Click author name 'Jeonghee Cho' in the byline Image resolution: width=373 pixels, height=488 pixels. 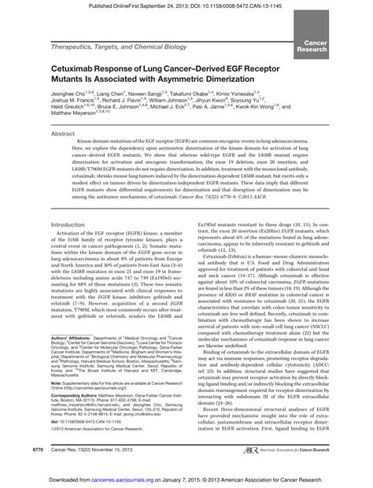point(67,96)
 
